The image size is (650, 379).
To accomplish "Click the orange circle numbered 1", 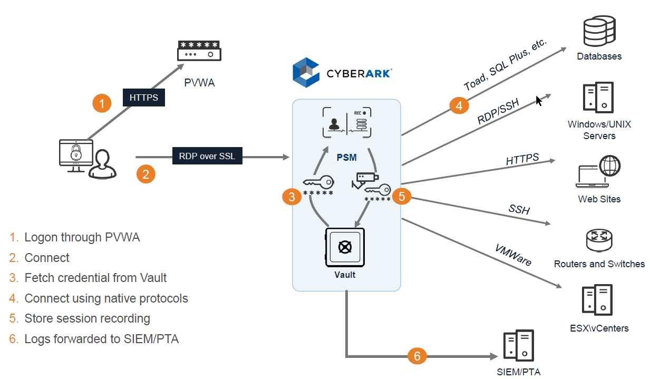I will pos(102,103).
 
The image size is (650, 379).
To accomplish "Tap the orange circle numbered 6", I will pos(417,356).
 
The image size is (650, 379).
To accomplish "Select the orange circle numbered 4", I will pos(459,105).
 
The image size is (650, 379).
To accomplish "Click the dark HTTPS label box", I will pos(144,98).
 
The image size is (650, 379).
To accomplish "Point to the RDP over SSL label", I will pos(207,157).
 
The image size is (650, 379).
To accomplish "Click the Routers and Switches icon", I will pos(599,240).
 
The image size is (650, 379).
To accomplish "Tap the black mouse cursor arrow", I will pos(539,100).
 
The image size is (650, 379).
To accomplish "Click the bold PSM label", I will pos(346,157).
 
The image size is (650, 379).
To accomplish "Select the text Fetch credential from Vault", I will pos(95,278).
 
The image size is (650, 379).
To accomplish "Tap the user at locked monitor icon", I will pos(84,159).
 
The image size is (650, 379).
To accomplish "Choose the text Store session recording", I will pos(87,318).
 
